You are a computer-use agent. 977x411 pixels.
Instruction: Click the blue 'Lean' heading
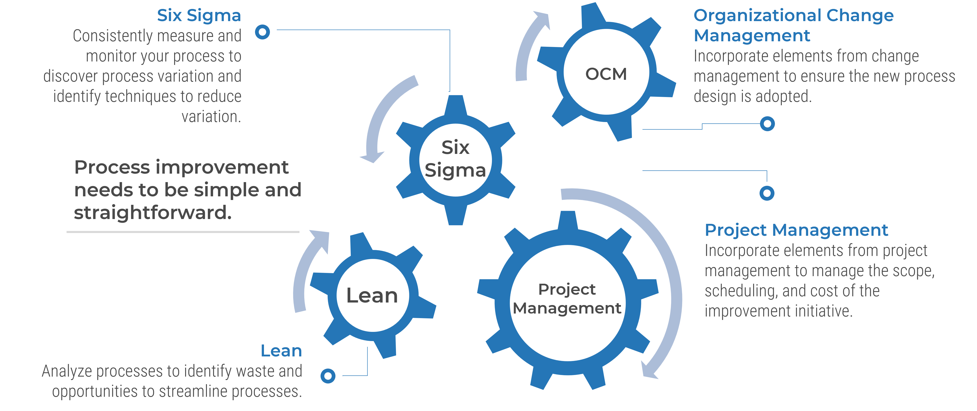point(281,351)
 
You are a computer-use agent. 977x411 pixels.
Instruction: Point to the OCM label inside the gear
point(606,74)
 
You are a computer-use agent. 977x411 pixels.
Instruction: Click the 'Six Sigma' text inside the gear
point(455,159)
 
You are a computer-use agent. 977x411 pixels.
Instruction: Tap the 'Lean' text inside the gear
point(372,296)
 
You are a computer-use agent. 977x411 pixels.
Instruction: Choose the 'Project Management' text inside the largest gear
point(567,299)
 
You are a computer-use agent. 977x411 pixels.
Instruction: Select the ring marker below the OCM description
point(767,124)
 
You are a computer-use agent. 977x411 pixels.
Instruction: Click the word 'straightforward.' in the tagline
point(152,213)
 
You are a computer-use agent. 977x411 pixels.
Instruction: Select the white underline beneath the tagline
point(183,231)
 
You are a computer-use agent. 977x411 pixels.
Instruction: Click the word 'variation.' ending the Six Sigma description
point(211,117)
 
